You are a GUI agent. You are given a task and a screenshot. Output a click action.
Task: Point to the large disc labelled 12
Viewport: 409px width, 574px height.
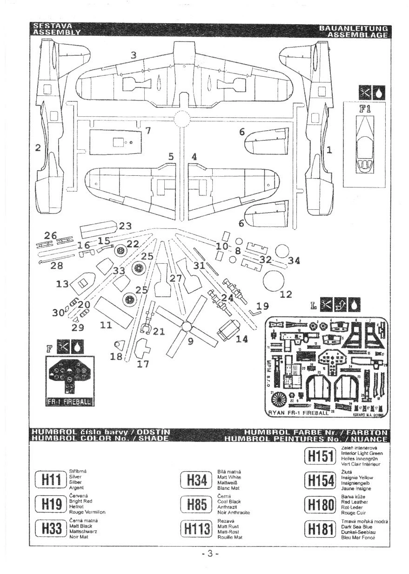coord(274,280)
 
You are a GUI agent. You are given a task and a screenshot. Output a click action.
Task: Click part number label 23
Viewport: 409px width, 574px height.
coord(125,227)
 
